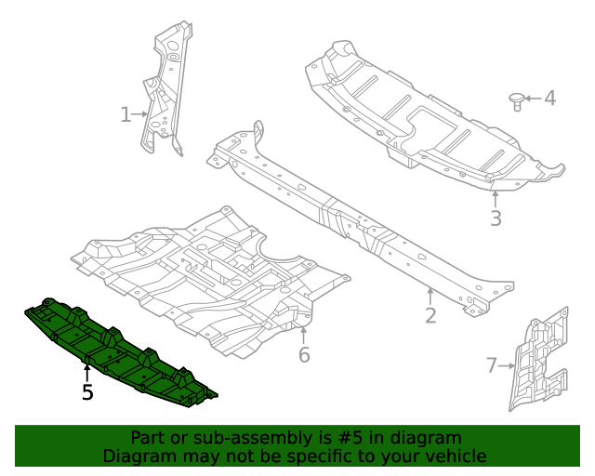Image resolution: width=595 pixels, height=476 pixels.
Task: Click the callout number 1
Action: coord(126,114)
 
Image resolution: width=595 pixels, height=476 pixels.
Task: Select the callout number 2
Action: coord(430,315)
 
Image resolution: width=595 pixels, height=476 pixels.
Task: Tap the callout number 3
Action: coord(496,218)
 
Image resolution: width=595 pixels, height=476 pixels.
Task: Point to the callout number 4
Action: coord(549,98)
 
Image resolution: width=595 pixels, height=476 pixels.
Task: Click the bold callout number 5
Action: coord(87,392)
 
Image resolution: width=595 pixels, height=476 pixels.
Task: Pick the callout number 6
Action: coord(303,355)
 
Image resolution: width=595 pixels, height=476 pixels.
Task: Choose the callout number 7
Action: coord(492,365)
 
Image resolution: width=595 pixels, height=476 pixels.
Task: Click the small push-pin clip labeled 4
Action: coord(517,99)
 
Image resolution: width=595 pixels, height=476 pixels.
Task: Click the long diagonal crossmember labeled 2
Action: coord(363,223)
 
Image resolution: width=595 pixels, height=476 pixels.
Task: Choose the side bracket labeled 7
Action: coord(539,358)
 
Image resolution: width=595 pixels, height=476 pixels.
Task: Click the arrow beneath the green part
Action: coord(87,372)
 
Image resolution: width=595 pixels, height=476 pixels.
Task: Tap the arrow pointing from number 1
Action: coord(141,114)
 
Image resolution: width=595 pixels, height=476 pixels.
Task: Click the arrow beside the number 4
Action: coord(533,98)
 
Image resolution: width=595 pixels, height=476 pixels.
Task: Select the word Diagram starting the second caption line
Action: coord(137,456)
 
